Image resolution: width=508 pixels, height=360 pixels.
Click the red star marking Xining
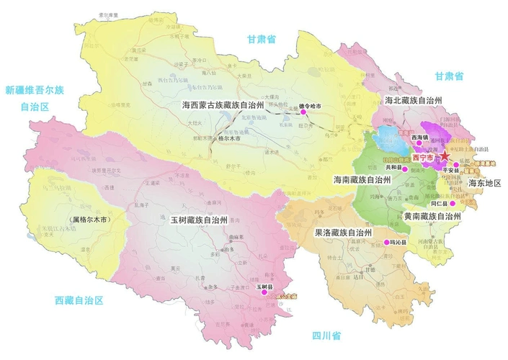pyautogui.click(x=445, y=156)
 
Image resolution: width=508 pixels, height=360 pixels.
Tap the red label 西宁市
pyautogui.click(x=425, y=157)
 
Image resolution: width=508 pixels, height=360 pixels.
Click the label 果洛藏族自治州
pyautogui.click(x=343, y=233)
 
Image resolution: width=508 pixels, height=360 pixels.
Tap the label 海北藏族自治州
pyautogui.click(x=414, y=100)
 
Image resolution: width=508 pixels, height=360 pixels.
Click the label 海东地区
pyautogui.click(x=484, y=184)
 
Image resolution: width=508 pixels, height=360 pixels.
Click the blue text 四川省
pyautogui.click(x=326, y=336)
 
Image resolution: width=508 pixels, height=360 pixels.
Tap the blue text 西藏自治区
pyautogui.click(x=79, y=300)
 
